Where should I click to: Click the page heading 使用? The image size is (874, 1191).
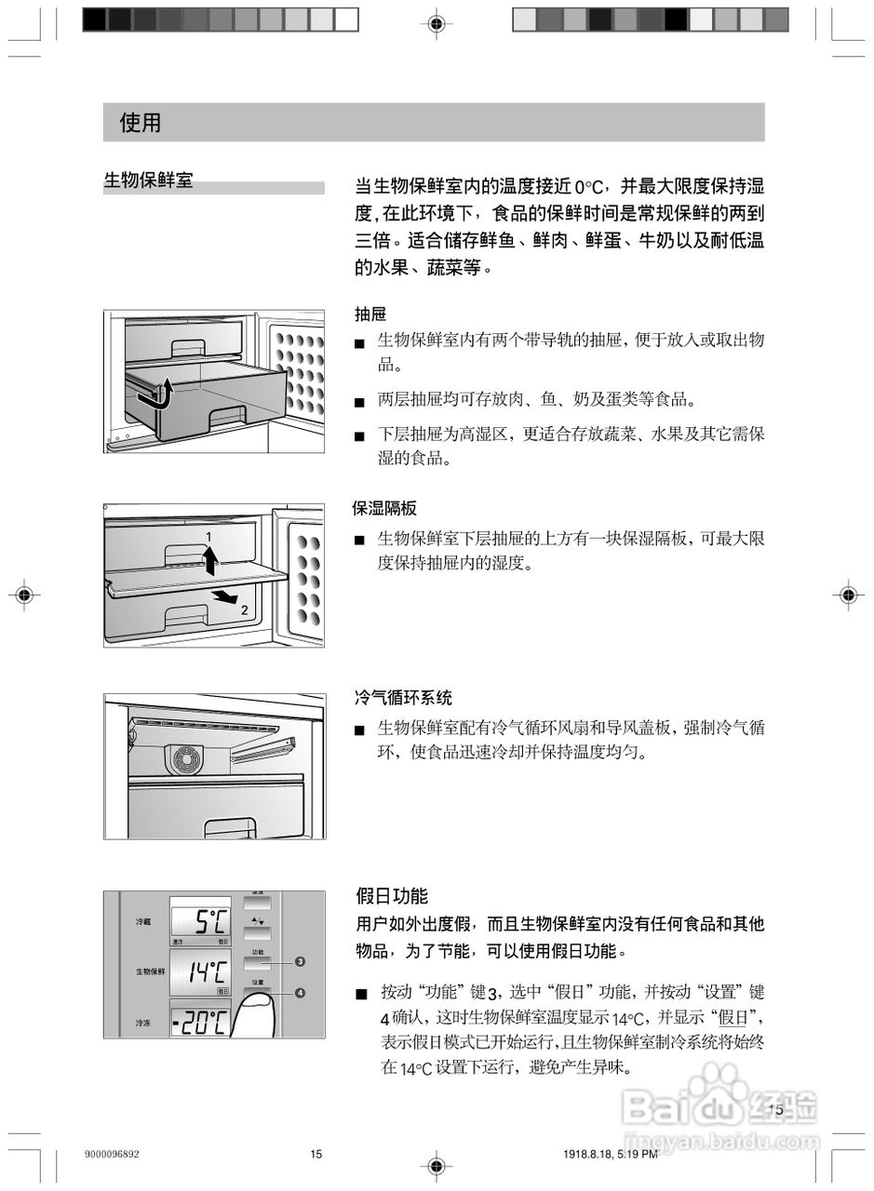coord(141,123)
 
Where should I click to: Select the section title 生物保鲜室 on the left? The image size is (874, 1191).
coord(148,181)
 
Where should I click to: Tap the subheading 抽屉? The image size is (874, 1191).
coord(370,314)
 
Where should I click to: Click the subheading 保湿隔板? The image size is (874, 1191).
coord(384,508)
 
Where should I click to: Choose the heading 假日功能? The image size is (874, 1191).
coord(392,896)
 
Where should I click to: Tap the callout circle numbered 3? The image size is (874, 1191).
coord(300,961)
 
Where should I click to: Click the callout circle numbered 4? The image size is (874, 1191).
coord(300,993)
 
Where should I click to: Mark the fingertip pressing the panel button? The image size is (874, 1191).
coord(264,1007)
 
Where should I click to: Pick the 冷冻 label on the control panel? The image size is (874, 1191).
coord(143,1024)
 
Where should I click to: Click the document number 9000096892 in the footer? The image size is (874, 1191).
coord(112,1155)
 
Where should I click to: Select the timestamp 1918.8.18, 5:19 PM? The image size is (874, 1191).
coord(610,1155)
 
